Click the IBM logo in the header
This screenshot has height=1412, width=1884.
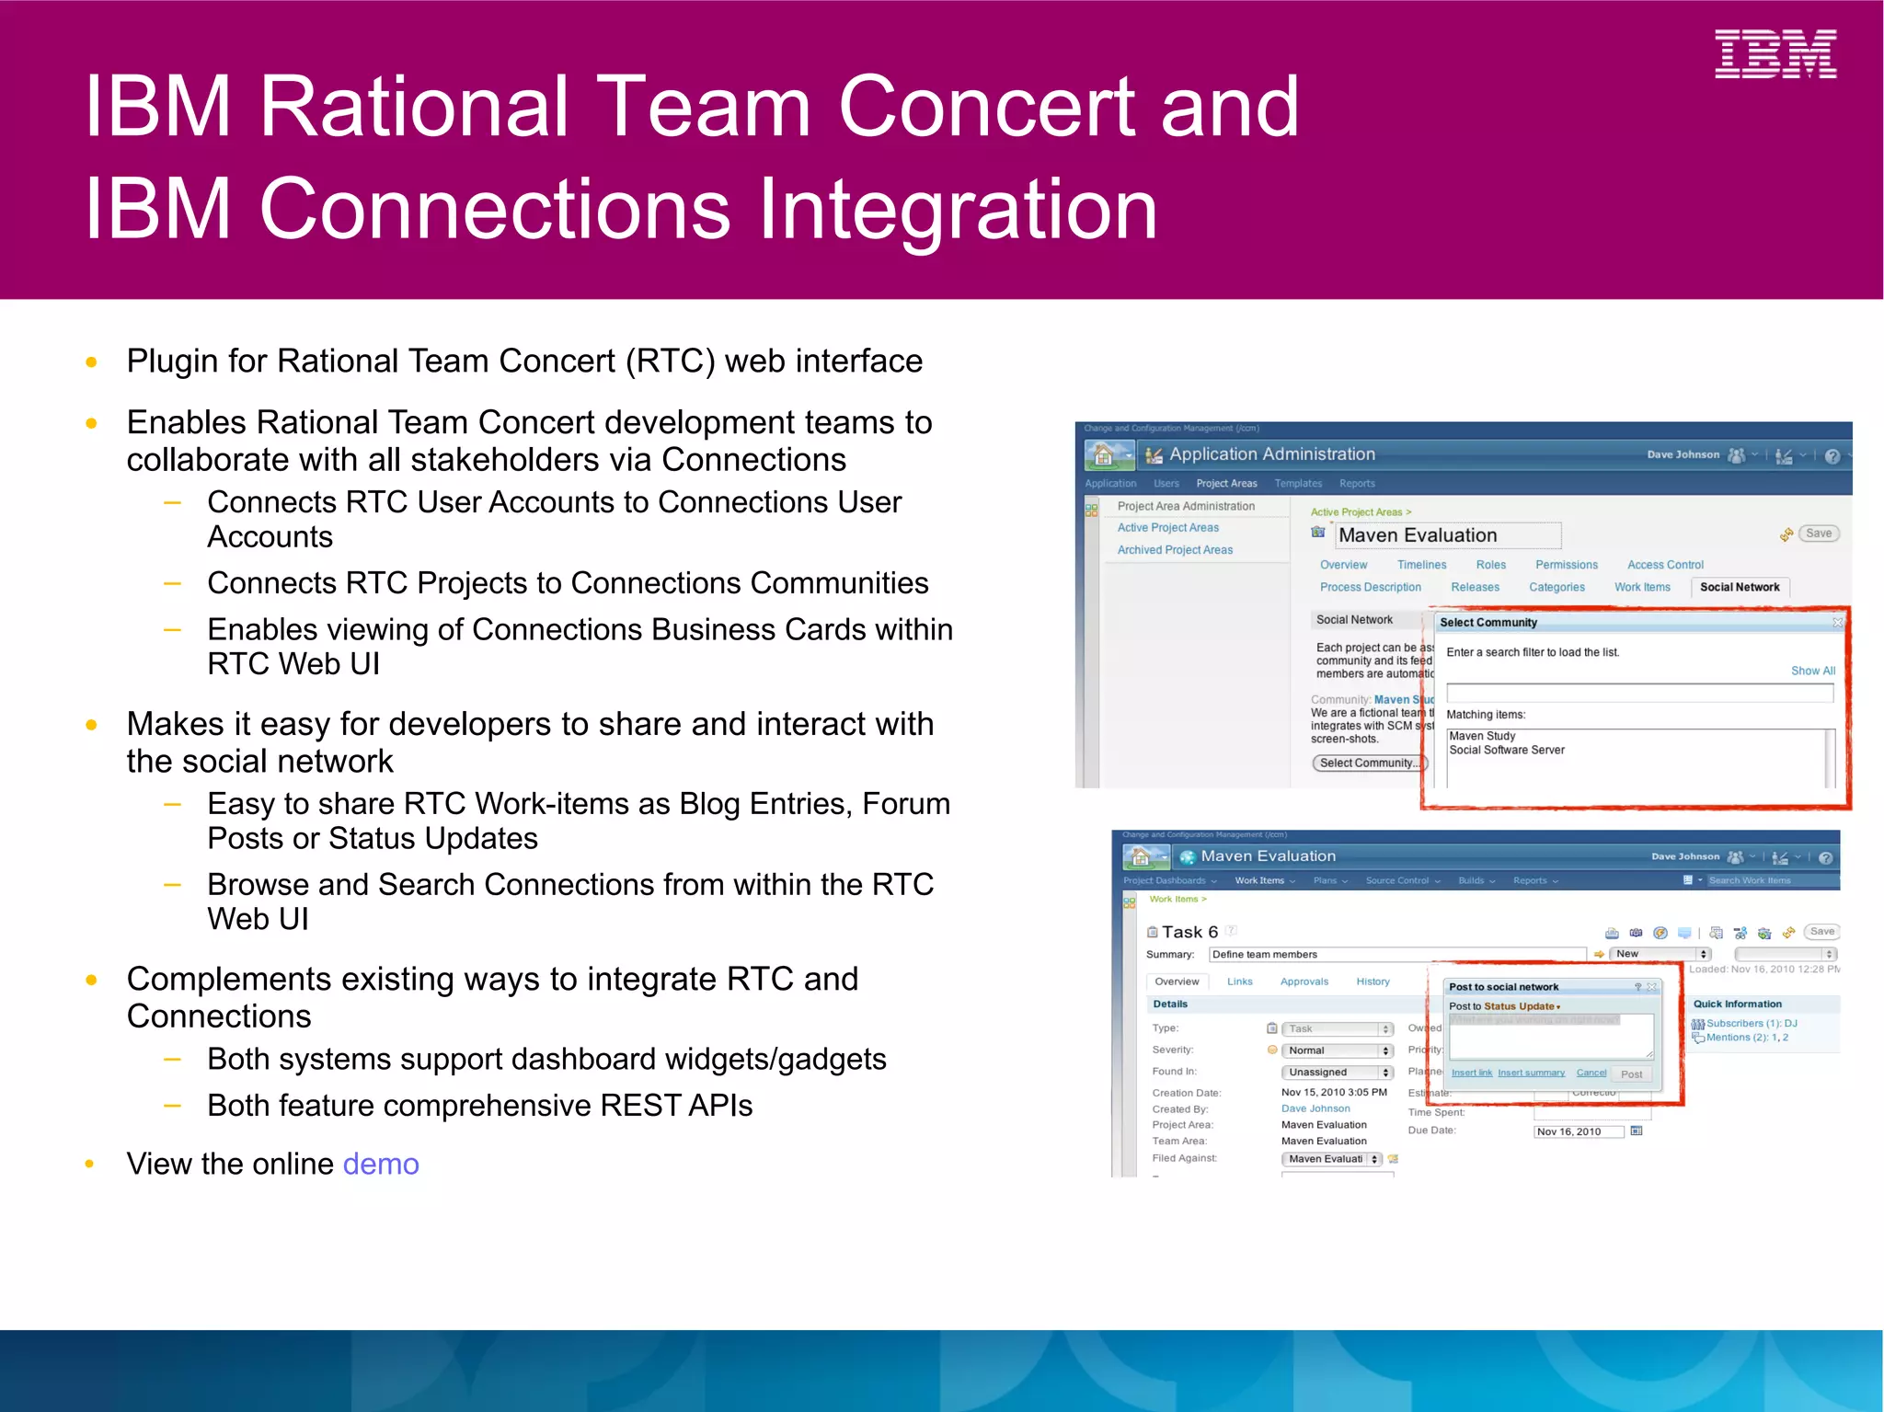coord(1775,55)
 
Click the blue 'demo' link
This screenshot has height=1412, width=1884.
coord(380,1165)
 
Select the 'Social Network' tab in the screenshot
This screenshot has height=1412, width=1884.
coord(1739,588)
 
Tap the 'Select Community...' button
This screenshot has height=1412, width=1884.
coord(1369,763)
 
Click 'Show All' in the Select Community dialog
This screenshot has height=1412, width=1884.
coord(1812,672)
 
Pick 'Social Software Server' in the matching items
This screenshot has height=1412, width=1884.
coord(1506,751)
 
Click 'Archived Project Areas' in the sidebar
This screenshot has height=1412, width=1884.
coord(1175,550)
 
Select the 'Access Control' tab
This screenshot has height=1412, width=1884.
coord(1664,566)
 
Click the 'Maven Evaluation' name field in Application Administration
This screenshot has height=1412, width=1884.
coord(1448,535)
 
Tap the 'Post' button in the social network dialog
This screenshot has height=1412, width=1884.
coord(1631,1074)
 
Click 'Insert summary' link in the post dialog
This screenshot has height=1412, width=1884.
coord(1531,1073)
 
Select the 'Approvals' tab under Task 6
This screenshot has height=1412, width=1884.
coord(1304,982)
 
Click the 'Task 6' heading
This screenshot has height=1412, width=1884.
coord(1189,933)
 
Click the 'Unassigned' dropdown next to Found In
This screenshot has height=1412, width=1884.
coord(1336,1073)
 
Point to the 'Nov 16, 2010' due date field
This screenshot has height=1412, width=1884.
coord(1577,1132)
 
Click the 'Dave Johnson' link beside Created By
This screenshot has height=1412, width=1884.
coord(1315,1109)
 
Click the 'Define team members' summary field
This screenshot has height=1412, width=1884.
coord(1396,955)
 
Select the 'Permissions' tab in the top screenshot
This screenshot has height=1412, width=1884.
coord(1566,566)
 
